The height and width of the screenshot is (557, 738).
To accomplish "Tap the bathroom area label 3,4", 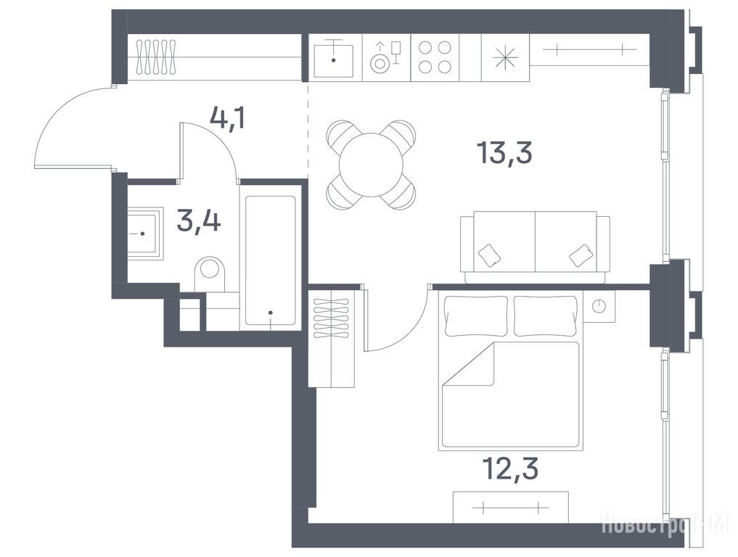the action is pos(199,221).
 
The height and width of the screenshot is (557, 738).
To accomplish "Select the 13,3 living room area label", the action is pos(504,152).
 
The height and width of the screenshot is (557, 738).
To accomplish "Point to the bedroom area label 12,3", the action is pos(510,469).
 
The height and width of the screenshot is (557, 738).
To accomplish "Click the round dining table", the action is pos(372,165).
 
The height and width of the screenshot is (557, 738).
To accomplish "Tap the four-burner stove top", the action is pos(435,57).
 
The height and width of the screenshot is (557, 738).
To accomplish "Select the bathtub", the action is pos(271,260).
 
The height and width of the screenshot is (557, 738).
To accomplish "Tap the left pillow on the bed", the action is pos(476,315).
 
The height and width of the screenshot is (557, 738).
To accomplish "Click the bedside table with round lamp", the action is pos(599,306).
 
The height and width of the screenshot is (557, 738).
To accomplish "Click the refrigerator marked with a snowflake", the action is pos(506,58).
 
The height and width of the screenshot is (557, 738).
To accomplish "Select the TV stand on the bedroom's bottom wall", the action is pos(511,507).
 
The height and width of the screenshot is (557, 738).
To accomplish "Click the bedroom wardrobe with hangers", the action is pos(332,338).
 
